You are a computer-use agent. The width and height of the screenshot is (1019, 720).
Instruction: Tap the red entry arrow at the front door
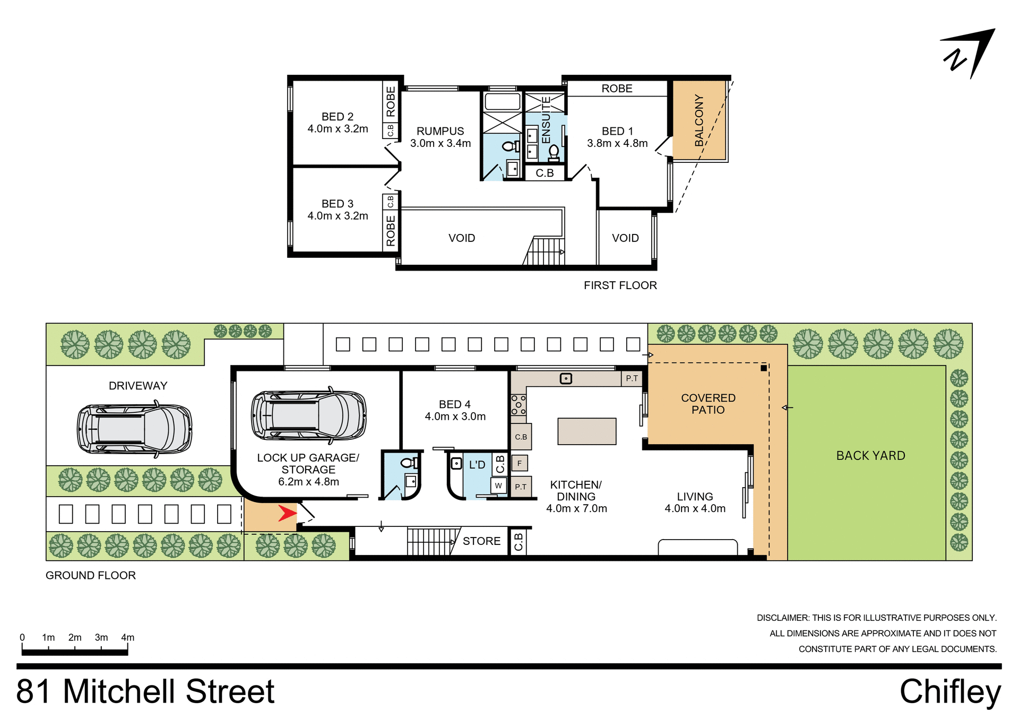pyautogui.click(x=287, y=513)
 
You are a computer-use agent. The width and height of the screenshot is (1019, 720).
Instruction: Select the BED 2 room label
pyautogui.click(x=338, y=117)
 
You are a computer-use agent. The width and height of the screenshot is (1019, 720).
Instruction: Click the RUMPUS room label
pyautogui.click(x=440, y=131)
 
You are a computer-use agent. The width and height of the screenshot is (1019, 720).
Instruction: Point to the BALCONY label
pyautogui.click(x=699, y=120)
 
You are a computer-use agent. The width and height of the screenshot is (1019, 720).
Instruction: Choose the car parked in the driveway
pyautogui.click(x=134, y=429)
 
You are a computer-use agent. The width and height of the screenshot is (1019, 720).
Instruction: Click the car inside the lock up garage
pyautogui.click(x=308, y=415)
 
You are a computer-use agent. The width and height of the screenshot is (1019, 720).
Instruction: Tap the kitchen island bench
pyautogui.click(x=586, y=431)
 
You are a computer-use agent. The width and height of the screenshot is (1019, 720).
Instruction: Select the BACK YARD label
pyautogui.click(x=870, y=456)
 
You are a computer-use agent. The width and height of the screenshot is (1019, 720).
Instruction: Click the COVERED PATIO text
pyautogui.click(x=708, y=404)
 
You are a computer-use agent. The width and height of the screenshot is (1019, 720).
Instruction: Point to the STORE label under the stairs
pyautogui.click(x=481, y=541)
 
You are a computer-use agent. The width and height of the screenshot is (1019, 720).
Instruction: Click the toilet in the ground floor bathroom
pyautogui.click(x=409, y=463)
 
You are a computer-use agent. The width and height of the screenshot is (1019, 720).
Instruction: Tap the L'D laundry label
pyautogui.click(x=477, y=465)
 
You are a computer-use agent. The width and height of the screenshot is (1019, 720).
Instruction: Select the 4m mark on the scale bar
pyautogui.click(x=127, y=638)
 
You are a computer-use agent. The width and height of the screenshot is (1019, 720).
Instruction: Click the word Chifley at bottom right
pyautogui.click(x=949, y=692)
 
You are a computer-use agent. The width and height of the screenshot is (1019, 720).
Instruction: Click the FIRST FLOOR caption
pyautogui.click(x=620, y=285)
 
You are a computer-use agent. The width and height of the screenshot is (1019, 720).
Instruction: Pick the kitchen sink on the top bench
pyautogui.click(x=566, y=378)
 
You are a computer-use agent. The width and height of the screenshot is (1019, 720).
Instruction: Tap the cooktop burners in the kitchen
pyautogui.click(x=519, y=405)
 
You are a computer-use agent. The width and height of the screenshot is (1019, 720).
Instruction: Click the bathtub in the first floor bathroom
pyautogui.click(x=503, y=101)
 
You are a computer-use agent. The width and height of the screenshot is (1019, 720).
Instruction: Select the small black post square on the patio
pyautogui.click(x=764, y=368)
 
